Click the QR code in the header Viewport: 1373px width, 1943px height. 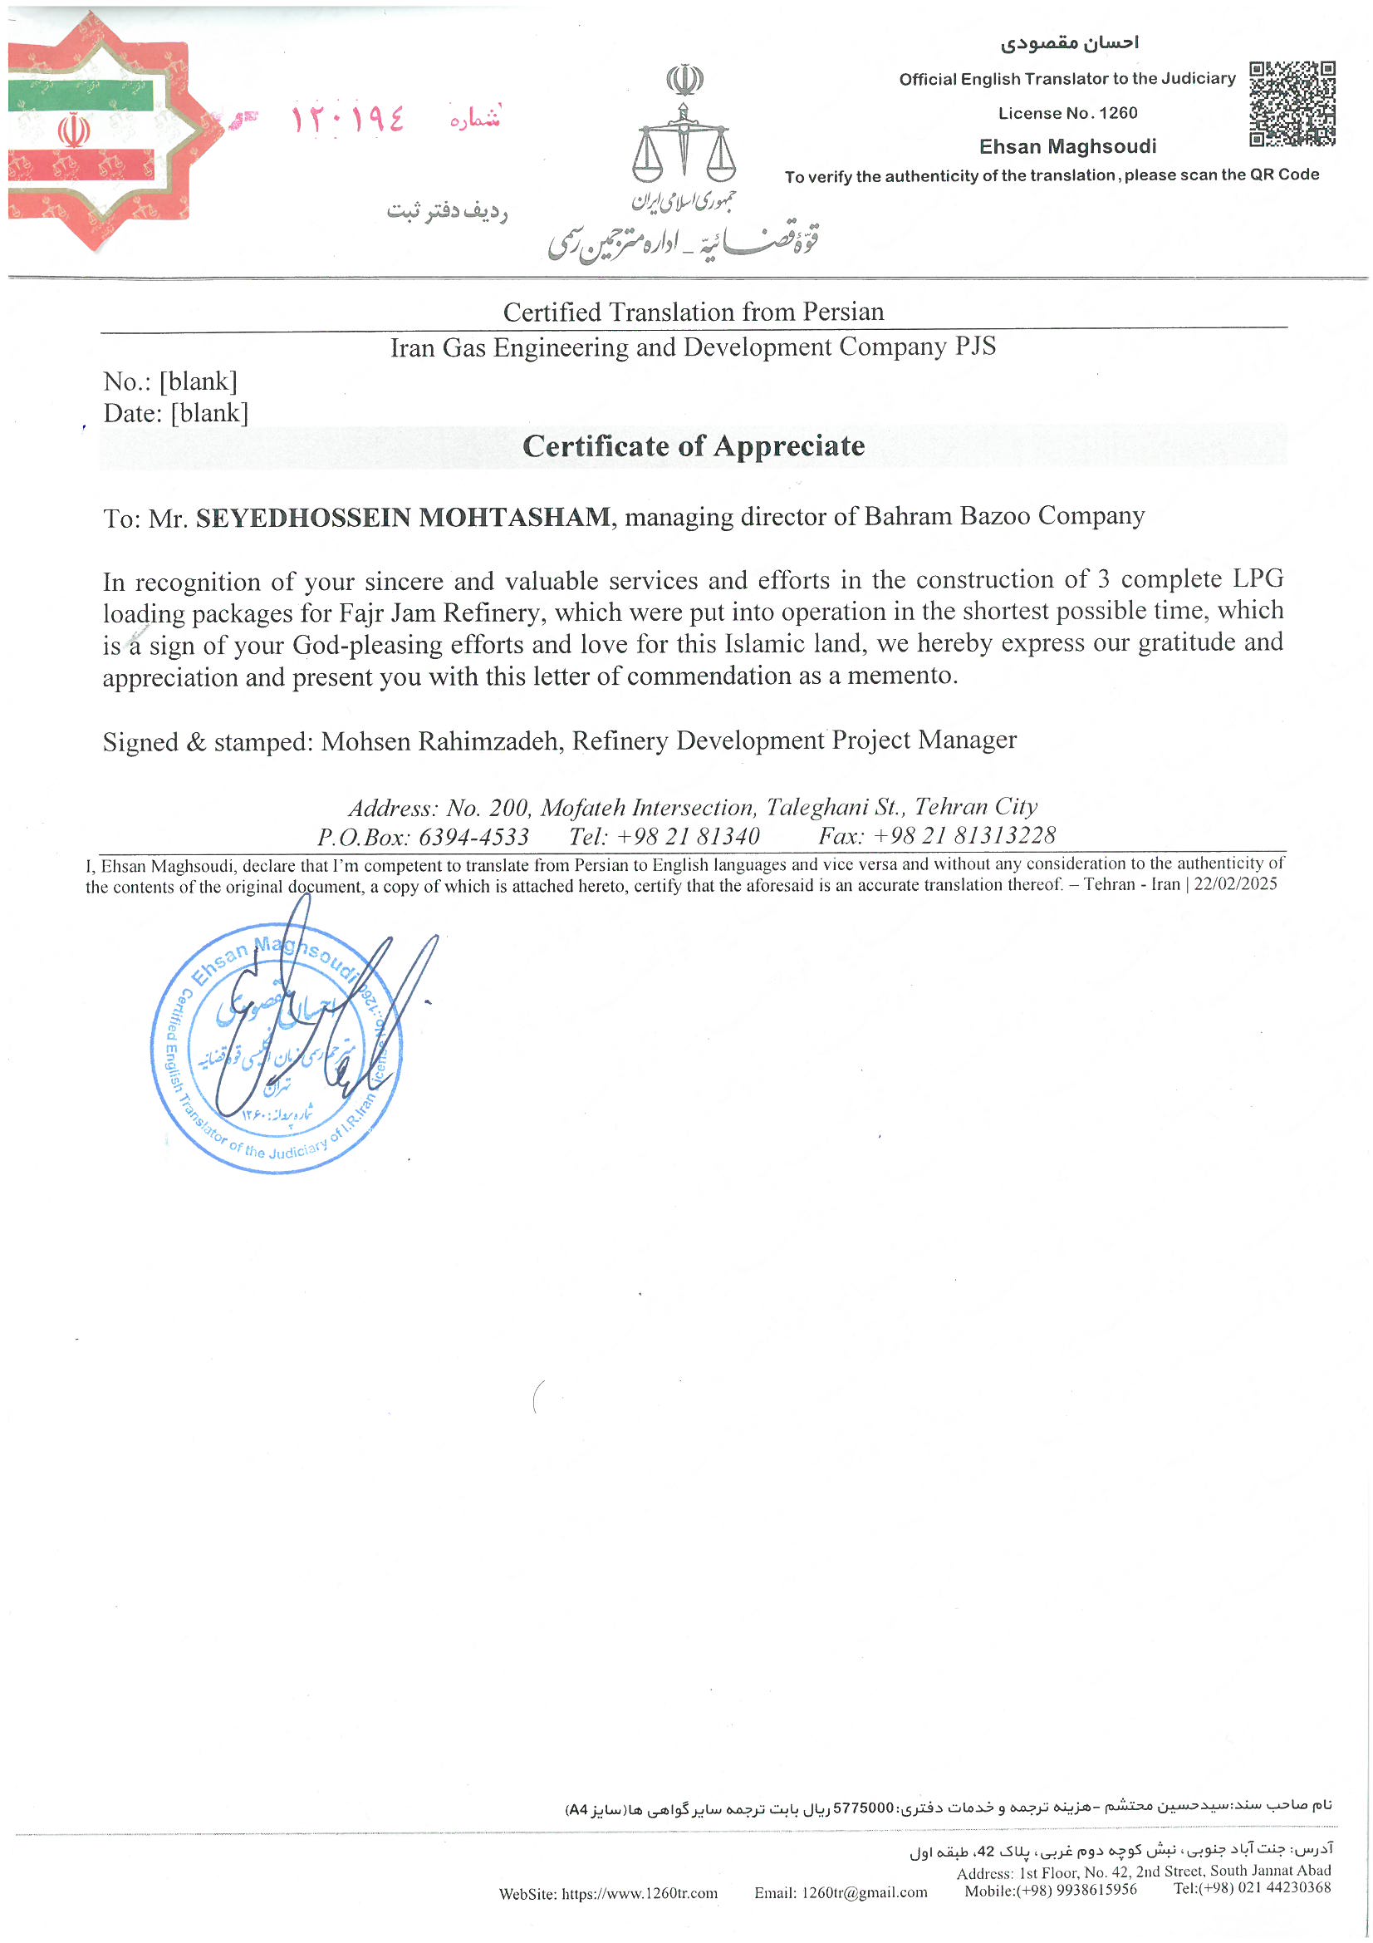[x=1291, y=103]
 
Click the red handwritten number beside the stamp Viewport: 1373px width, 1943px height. [x=348, y=119]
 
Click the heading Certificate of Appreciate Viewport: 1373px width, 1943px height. [x=693, y=446]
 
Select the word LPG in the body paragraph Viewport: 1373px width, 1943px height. [x=1257, y=579]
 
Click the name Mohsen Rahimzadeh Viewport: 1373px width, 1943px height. [x=440, y=741]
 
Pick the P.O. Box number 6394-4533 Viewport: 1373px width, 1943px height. [x=473, y=837]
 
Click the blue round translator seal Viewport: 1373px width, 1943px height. [x=277, y=1047]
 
